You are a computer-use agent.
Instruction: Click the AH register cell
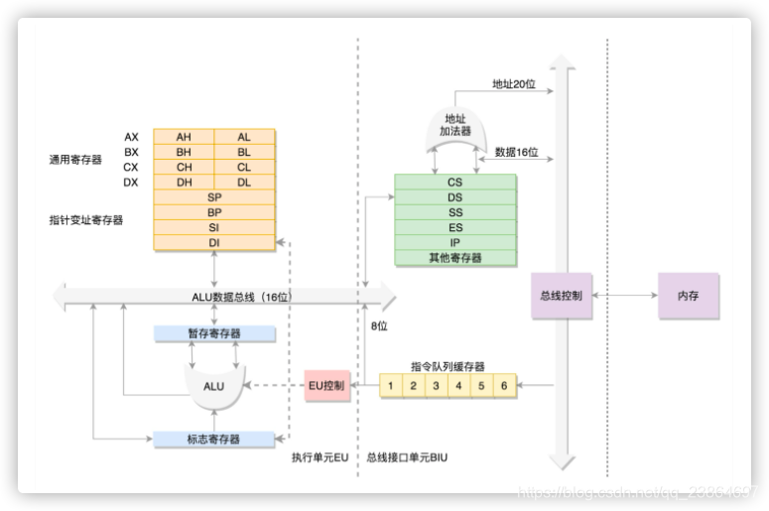[x=184, y=137]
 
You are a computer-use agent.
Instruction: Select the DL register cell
[x=244, y=183]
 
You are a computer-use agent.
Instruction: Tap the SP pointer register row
[x=214, y=197]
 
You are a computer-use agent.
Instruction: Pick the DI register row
[x=214, y=242]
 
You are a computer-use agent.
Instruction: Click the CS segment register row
[x=454, y=183]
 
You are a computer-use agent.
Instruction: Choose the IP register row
[x=454, y=242]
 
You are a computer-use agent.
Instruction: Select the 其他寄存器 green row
[x=454, y=257]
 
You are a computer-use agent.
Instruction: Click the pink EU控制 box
[x=326, y=385]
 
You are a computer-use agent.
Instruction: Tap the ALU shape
[x=214, y=385]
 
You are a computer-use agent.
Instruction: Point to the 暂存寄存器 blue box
[x=214, y=333]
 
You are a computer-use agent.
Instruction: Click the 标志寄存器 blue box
[x=214, y=439]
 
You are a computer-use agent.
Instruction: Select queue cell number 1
[x=392, y=385]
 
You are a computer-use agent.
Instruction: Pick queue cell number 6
[x=504, y=385]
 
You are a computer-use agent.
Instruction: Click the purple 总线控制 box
[x=562, y=296]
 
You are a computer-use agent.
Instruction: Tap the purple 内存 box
[x=687, y=296]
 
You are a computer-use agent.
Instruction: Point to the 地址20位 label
[x=514, y=84]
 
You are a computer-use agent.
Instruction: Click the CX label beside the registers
[x=131, y=168]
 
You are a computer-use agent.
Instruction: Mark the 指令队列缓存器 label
[x=449, y=366]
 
